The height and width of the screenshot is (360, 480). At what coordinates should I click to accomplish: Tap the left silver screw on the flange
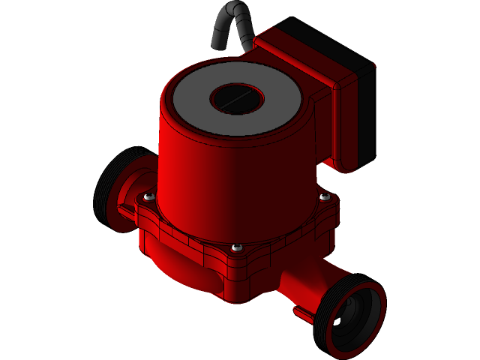click(148, 196)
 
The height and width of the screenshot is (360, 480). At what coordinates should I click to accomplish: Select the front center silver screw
click(237, 247)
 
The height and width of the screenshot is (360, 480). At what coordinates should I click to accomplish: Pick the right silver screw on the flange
click(324, 196)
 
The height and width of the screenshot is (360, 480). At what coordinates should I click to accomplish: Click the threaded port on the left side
click(112, 187)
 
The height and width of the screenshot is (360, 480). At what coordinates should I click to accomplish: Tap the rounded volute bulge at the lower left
click(180, 270)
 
